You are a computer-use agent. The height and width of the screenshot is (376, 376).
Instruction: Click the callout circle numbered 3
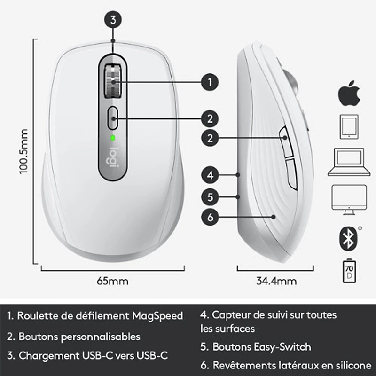click(x=113, y=20)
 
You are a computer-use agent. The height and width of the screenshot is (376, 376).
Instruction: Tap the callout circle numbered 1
click(x=210, y=82)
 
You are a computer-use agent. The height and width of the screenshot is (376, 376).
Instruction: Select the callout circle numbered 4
click(x=210, y=175)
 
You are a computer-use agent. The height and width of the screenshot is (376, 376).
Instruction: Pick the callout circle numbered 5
click(x=210, y=196)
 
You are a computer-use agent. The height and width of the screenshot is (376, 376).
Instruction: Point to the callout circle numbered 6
click(x=210, y=217)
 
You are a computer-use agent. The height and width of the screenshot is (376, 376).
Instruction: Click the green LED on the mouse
click(x=113, y=138)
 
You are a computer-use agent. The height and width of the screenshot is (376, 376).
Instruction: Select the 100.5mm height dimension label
click(x=24, y=151)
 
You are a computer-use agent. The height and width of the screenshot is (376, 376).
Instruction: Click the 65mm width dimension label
click(x=112, y=282)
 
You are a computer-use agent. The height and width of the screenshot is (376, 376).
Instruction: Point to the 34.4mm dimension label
click(x=276, y=282)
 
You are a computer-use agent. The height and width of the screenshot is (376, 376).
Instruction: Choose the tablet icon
click(x=349, y=127)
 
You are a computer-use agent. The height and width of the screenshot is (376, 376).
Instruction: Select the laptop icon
click(x=349, y=162)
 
